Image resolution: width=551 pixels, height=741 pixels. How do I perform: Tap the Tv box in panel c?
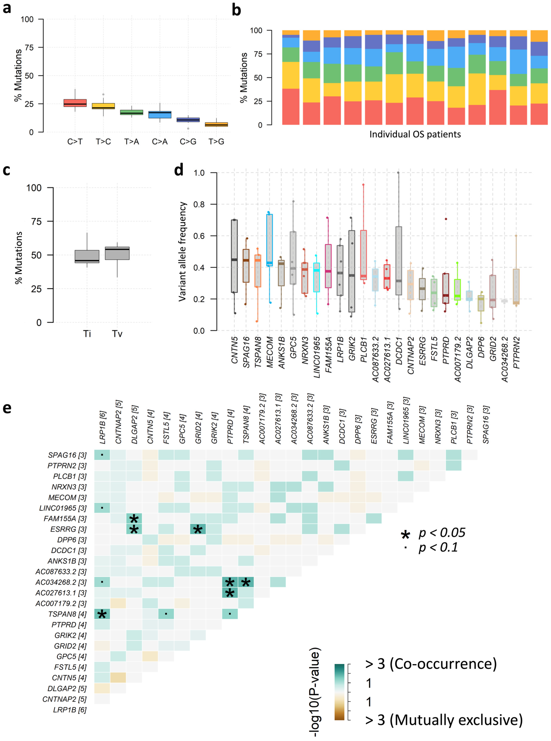tap(117, 253)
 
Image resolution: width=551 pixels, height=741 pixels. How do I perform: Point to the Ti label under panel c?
tap(87, 334)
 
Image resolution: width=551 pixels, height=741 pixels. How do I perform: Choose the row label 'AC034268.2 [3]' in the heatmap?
tap(61, 582)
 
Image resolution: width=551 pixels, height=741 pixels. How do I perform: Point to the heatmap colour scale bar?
tap(340, 692)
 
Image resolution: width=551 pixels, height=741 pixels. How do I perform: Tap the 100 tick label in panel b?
tap(256, 31)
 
